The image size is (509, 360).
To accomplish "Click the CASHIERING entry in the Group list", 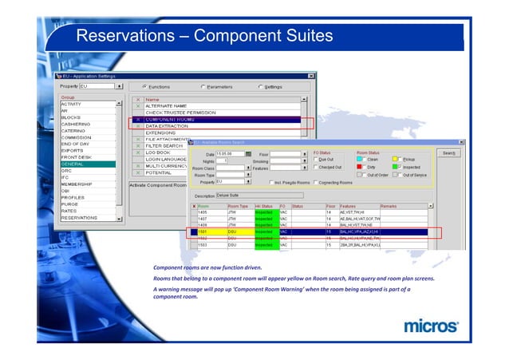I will pyautogui.click(x=77, y=125).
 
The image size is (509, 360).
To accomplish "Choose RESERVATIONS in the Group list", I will pyautogui.click(x=79, y=217).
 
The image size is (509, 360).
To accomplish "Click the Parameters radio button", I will pyautogui.click(x=204, y=86).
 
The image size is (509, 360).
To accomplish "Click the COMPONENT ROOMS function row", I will pyautogui.click(x=172, y=119).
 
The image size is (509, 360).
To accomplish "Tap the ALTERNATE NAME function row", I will pyautogui.click(x=167, y=105).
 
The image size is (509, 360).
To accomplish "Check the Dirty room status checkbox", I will pyautogui.click(x=361, y=167).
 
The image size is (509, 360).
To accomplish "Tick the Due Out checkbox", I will pyautogui.click(x=317, y=159).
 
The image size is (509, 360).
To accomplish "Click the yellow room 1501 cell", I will pyautogui.click(x=207, y=231).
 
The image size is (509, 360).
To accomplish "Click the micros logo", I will pyautogui.click(x=431, y=326).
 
